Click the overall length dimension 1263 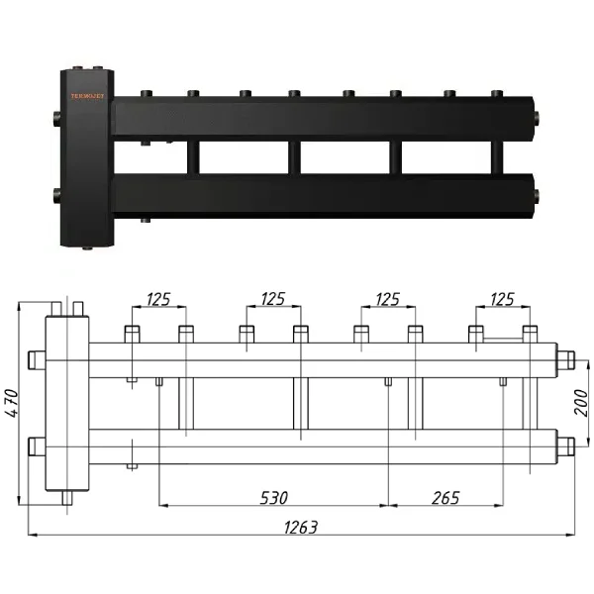(298, 528)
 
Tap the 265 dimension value (445, 497)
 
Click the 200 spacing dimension (582, 402)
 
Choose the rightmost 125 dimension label (502, 298)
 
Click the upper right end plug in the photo (536, 118)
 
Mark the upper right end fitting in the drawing (566, 358)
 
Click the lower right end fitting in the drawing (566, 446)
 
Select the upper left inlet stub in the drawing (36, 358)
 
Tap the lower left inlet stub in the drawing (36, 446)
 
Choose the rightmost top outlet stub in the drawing (530, 335)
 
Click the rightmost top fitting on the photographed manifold (495, 96)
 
